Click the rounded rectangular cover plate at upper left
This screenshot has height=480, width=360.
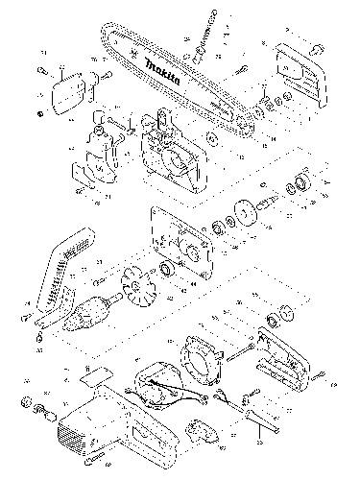click(65, 92)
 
